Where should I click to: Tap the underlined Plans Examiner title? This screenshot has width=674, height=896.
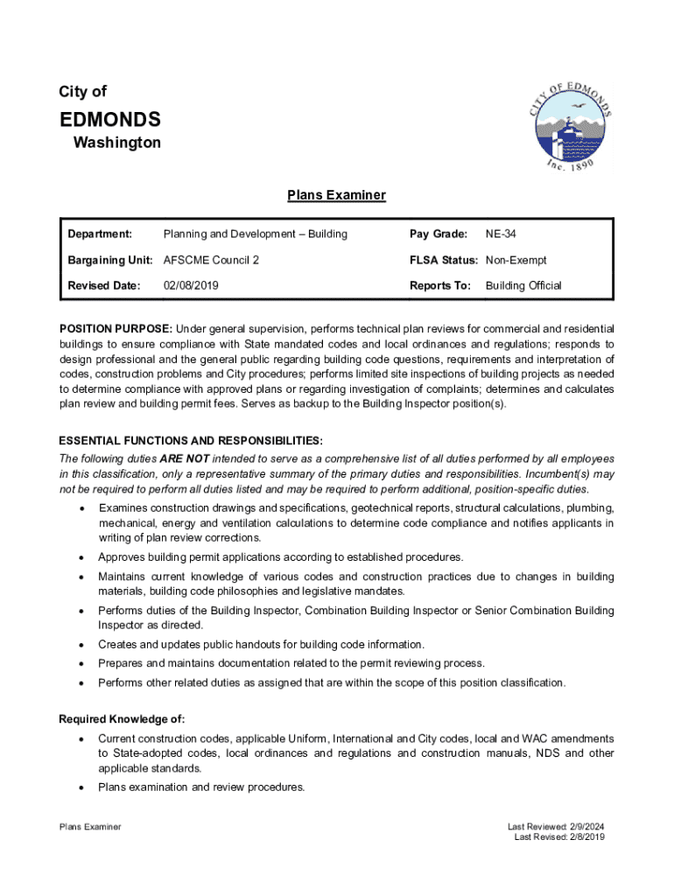[336, 195]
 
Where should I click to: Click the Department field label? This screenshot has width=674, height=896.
[100, 234]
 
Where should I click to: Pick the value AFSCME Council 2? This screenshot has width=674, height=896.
[211, 260]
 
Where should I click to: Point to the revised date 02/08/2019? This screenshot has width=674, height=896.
[191, 285]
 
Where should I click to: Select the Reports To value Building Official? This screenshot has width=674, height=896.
[523, 285]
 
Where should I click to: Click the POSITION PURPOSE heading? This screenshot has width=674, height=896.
[115, 329]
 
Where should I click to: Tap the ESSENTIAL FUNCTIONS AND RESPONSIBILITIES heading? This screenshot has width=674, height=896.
[190, 439]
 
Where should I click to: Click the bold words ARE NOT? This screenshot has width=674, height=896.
[184, 458]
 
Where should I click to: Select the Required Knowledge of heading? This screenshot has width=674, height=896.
[122, 719]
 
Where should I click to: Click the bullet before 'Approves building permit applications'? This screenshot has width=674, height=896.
[81, 557]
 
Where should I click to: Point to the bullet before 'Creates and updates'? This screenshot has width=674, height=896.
[81, 645]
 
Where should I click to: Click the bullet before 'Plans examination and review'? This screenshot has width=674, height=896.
[81, 787]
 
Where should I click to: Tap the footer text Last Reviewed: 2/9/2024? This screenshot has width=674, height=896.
[556, 827]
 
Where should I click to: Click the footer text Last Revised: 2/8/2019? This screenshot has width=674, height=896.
[558, 836]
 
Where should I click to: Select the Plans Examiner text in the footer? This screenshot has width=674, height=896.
[89, 827]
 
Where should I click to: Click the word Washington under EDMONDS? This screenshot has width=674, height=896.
[116, 143]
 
